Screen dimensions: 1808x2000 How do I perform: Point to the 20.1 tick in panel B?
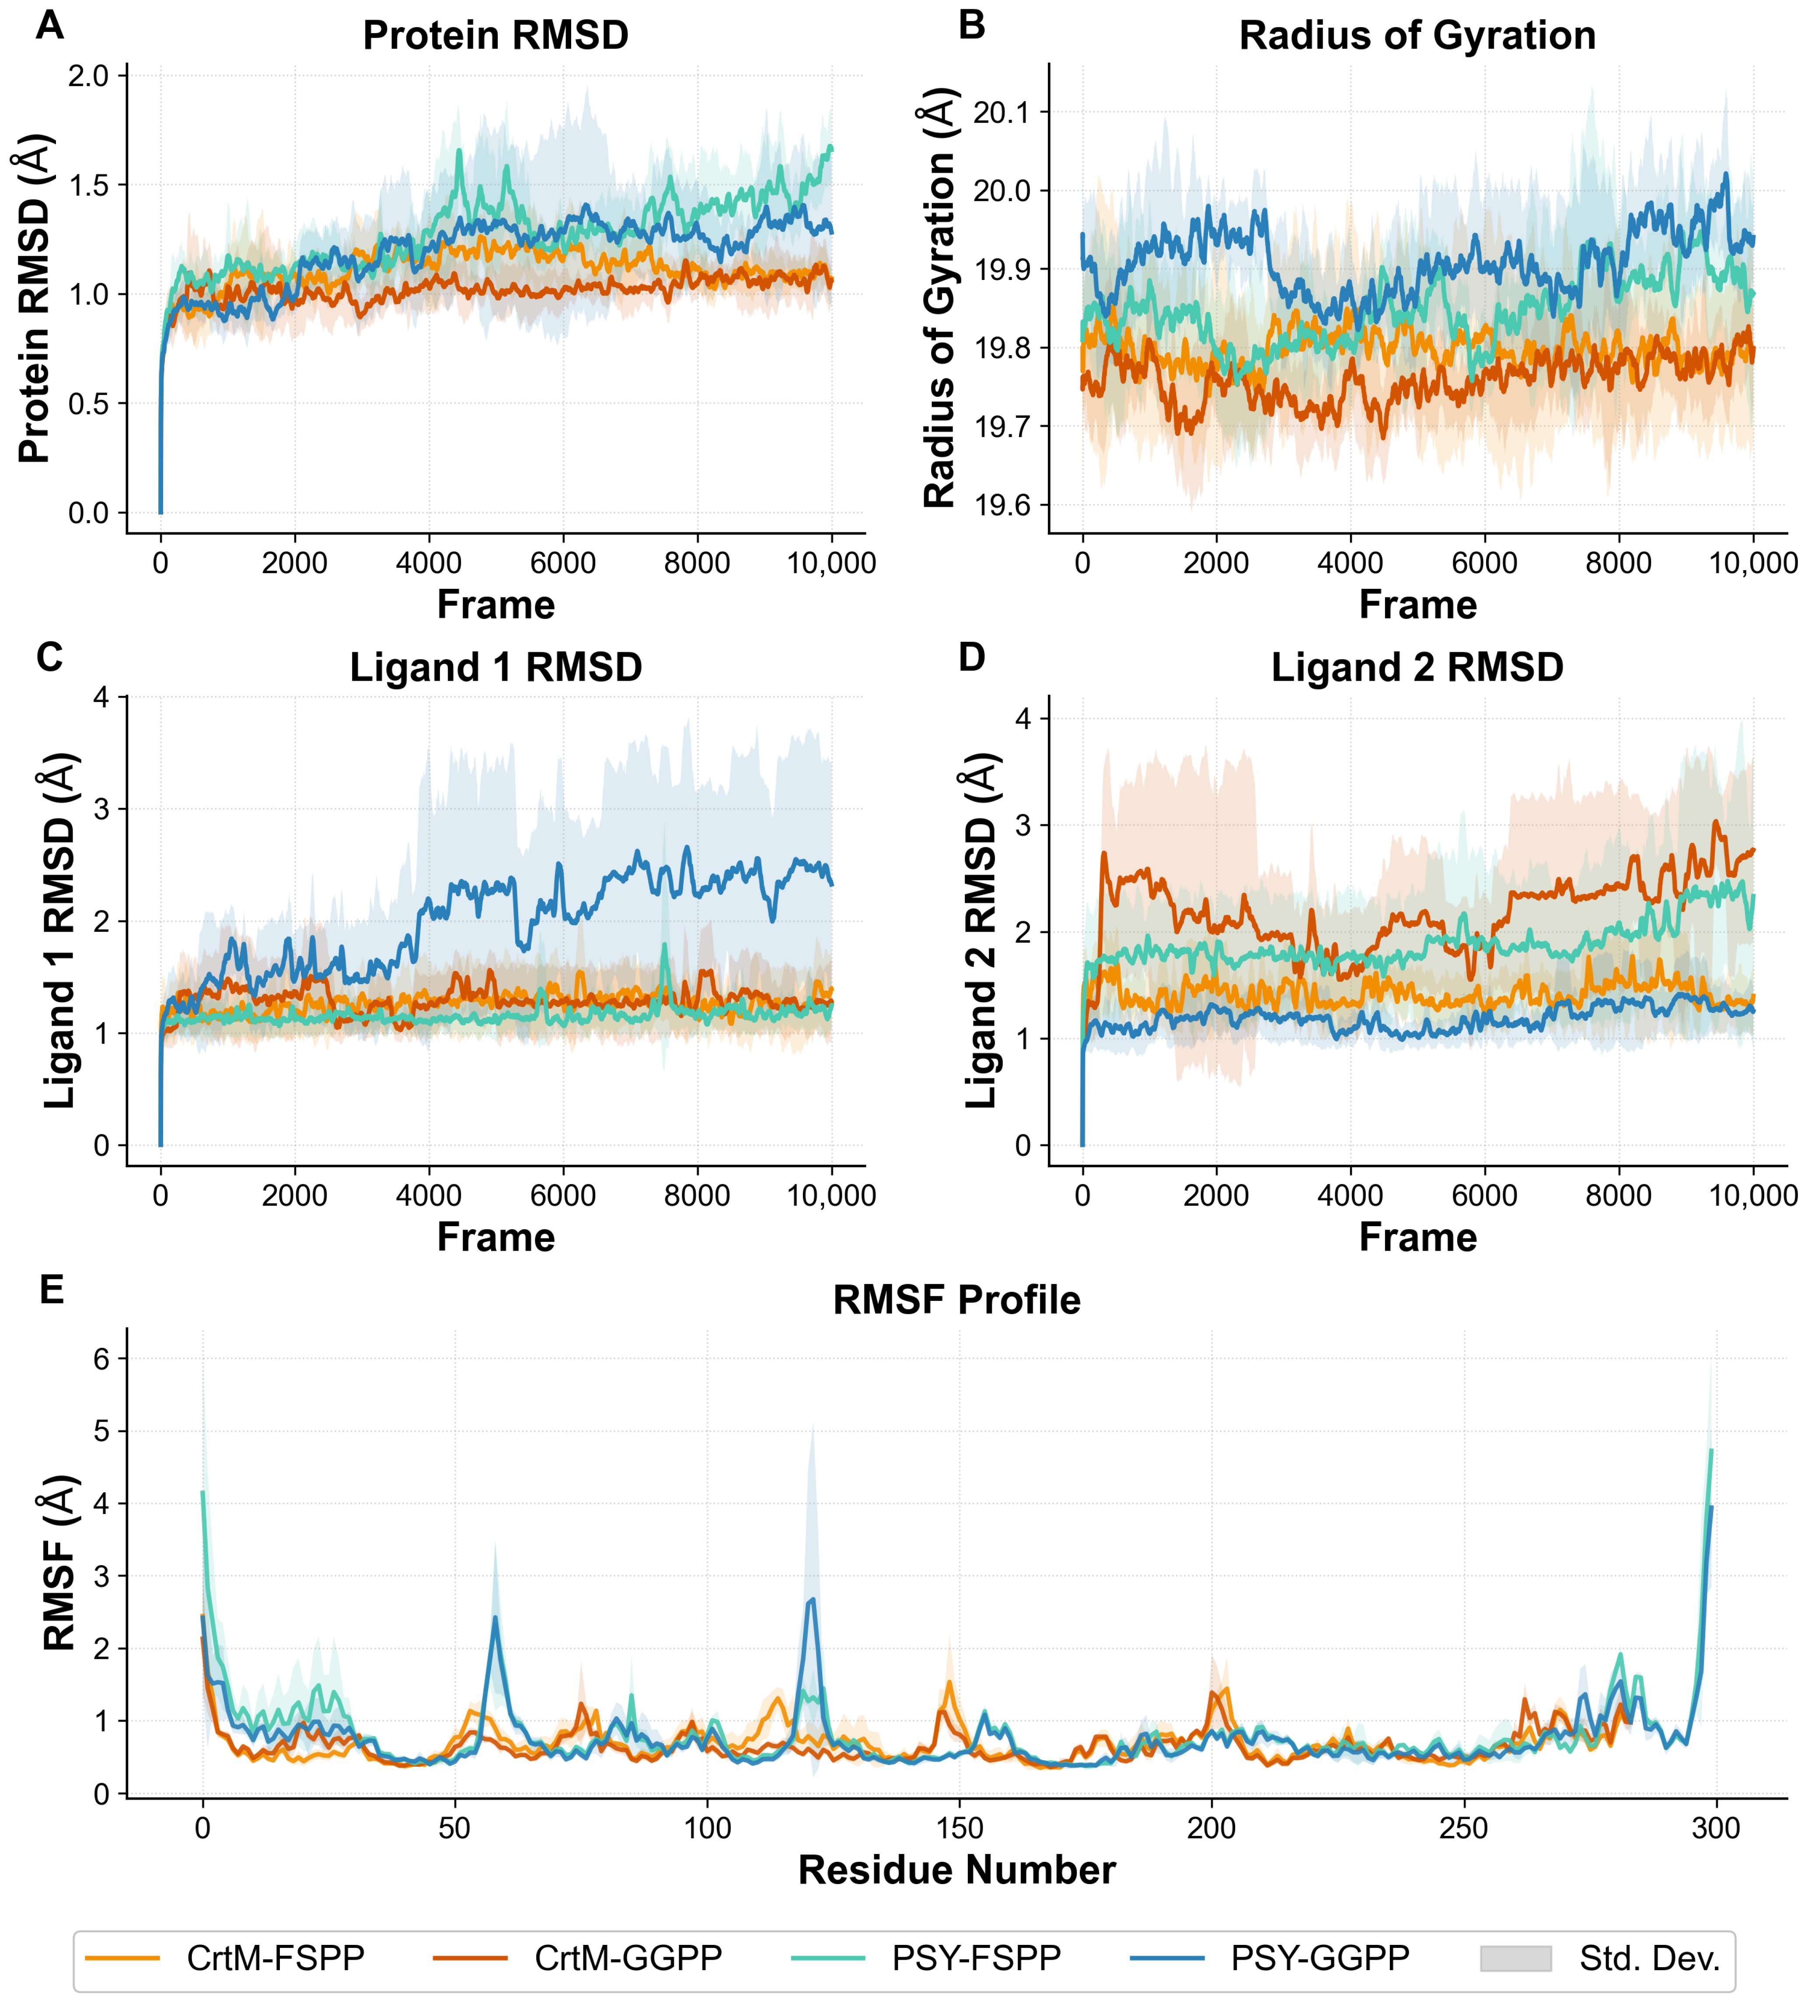(x=1002, y=112)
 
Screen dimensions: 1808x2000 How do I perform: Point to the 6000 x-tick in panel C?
(x=562, y=1196)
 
